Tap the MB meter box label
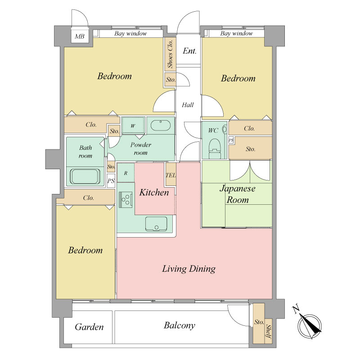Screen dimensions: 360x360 [80, 36]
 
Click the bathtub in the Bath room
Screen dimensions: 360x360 [85, 176]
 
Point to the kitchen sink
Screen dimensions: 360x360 [156, 224]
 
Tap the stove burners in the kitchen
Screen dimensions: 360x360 [126, 199]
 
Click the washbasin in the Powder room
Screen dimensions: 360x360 [161, 126]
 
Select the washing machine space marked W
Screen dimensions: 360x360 [133, 126]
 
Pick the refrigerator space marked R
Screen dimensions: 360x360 [126, 173]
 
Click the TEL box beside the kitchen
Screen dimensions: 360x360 [171, 174]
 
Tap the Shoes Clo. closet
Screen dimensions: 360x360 [170, 54]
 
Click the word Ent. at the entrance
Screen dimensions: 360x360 [189, 51]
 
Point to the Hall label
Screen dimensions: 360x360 [188, 105]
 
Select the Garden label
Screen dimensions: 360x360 [89, 327]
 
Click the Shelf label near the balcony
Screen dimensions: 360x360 [268, 331]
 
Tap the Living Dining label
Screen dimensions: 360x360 [189, 269]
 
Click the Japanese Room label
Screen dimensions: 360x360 [238, 194]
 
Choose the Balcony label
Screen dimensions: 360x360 [179, 325]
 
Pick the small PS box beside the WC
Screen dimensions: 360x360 [231, 140]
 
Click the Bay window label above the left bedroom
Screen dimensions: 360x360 [130, 33]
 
